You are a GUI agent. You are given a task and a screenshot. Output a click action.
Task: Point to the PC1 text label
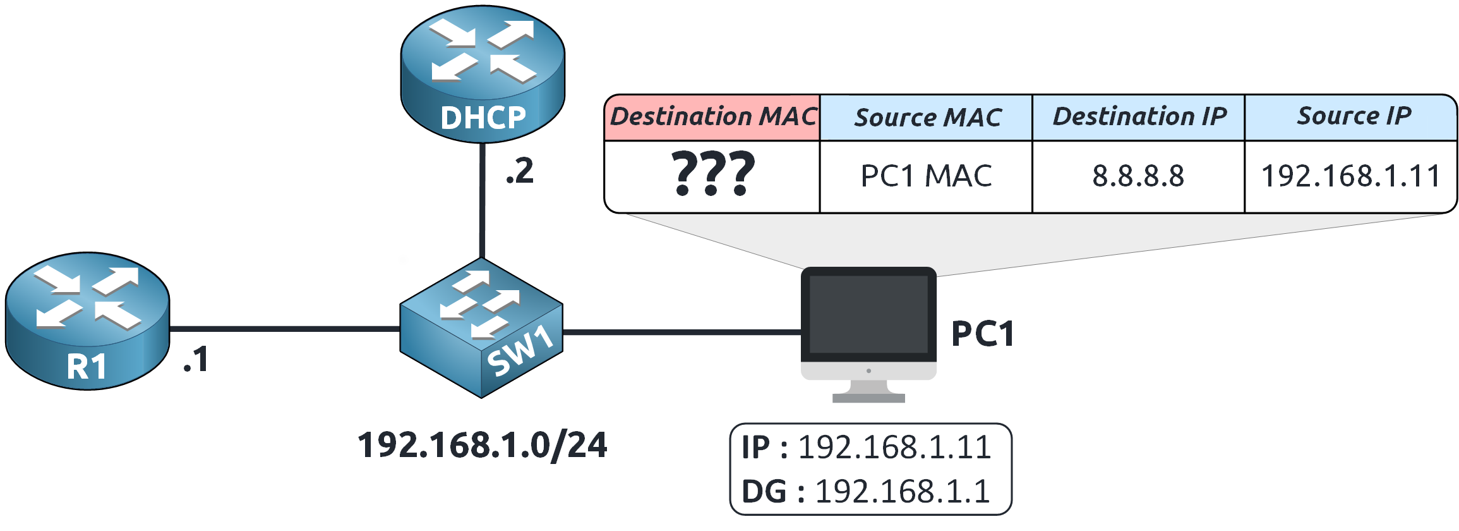983,334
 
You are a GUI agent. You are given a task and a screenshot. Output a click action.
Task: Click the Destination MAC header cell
712,118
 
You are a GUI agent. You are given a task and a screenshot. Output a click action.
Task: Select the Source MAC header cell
927,118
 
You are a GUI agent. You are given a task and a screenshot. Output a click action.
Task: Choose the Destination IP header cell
1139,118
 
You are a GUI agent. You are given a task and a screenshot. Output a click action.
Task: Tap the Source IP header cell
1352,118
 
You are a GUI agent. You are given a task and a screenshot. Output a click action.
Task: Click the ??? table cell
712,176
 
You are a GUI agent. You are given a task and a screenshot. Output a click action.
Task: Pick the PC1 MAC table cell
927,176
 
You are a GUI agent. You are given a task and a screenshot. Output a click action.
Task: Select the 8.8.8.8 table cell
1139,176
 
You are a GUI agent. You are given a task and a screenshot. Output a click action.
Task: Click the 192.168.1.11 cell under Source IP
1352,176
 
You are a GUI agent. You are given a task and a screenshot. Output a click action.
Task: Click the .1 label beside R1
196,360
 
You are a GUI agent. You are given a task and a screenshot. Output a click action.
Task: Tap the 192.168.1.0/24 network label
483,446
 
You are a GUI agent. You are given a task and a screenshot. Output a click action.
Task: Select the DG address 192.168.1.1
903,492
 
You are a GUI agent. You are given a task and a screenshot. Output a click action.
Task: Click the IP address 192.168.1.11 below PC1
894,448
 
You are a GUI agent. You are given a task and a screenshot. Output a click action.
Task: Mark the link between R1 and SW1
284,329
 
